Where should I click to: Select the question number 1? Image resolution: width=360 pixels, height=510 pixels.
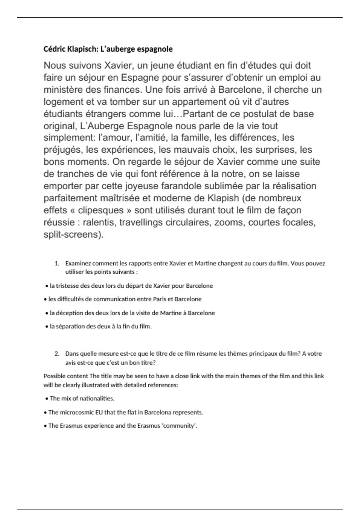57,264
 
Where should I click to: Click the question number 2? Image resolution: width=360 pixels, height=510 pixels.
57,354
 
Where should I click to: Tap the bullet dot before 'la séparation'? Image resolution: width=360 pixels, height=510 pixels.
47,327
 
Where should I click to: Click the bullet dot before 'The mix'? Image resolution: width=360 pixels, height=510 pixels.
47,399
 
